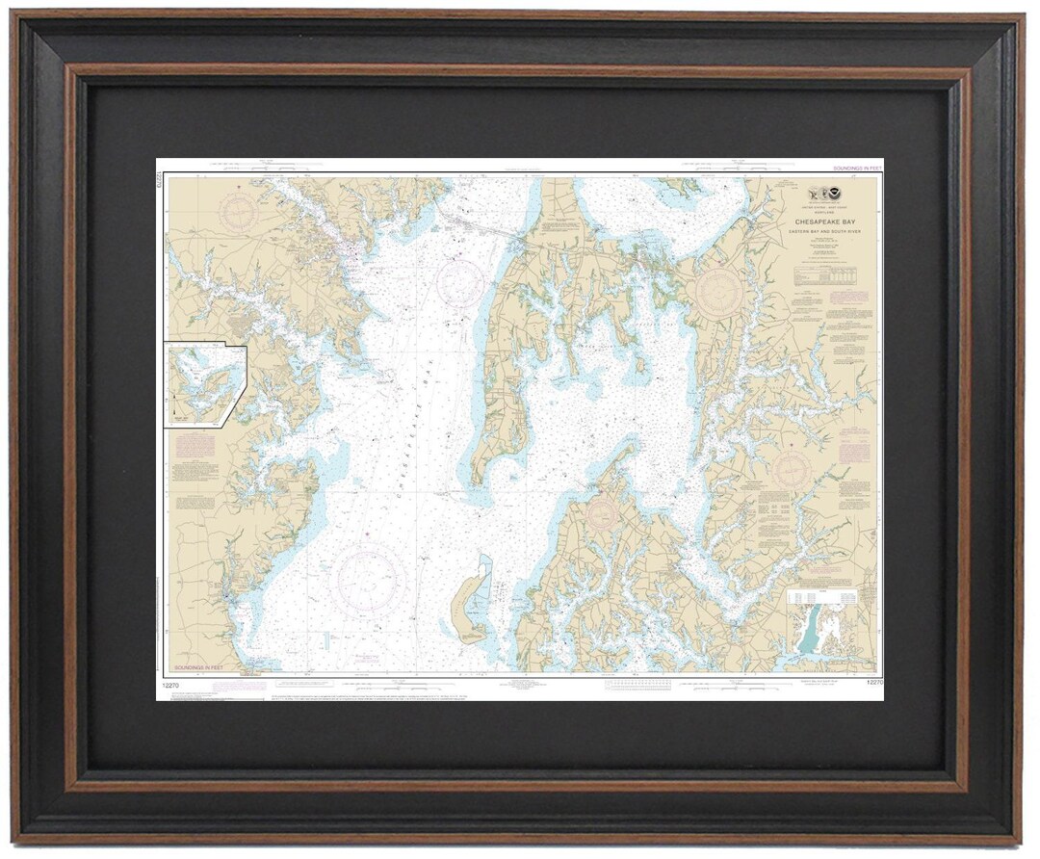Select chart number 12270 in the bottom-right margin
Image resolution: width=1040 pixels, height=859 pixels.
873,683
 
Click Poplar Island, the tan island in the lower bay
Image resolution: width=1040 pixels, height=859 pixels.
469,607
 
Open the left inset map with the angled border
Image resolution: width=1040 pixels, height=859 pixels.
203,382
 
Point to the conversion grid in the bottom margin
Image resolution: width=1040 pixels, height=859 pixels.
636,685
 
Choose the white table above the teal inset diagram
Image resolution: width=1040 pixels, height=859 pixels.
831,598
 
